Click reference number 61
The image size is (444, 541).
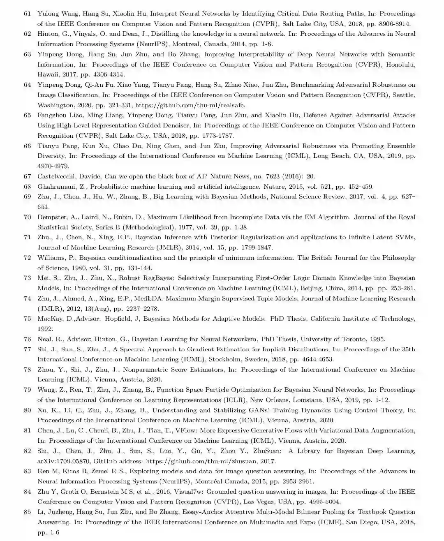coord(28,14)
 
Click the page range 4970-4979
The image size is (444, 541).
coord(53,166)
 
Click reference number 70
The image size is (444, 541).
coord(28,217)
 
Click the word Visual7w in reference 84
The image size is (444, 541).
coord(187,492)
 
